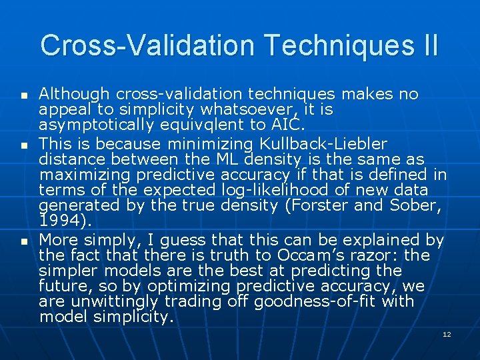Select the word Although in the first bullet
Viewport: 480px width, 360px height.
tap(74, 95)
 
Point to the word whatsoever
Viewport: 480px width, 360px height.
tap(248, 110)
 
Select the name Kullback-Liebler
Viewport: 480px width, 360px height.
tap(330, 143)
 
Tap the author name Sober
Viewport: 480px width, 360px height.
tap(416, 205)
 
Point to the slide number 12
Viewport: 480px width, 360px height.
tap(447, 334)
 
